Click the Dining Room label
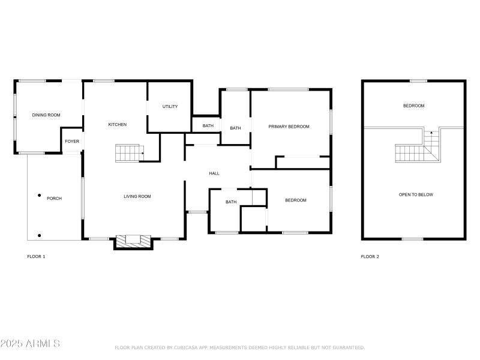(x=46, y=115)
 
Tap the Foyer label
(x=72, y=142)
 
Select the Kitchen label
(x=117, y=125)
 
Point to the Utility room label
(x=170, y=107)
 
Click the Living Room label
(x=137, y=196)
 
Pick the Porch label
(x=54, y=199)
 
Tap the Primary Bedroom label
(x=289, y=127)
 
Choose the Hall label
(x=214, y=173)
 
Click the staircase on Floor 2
(x=418, y=148)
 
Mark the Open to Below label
(x=416, y=194)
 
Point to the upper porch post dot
(x=40, y=195)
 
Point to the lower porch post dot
(x=40, y=235)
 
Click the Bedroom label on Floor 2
(x=413, y=106)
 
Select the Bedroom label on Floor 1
(x=295, y=200)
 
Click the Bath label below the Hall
(x=231, y=202)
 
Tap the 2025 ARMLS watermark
(x=30, y=344)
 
